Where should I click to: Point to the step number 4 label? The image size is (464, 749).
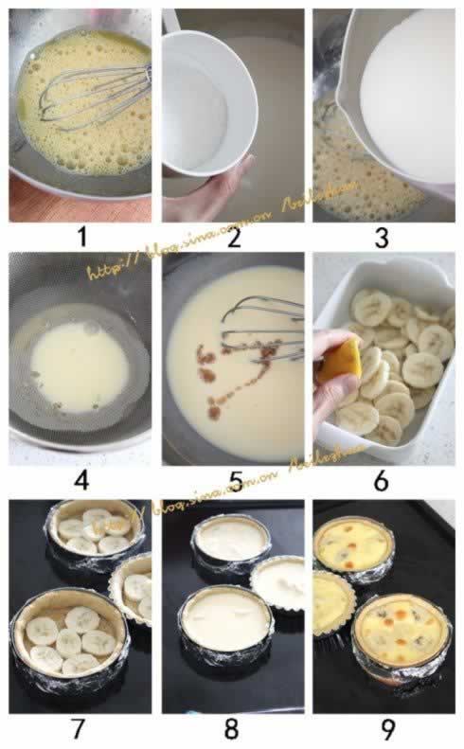click(81, 480)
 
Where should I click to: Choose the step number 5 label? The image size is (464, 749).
click(233, 480)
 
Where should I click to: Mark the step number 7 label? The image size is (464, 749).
click(81, 730)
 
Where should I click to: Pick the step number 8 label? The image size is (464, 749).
click(233, 730)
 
